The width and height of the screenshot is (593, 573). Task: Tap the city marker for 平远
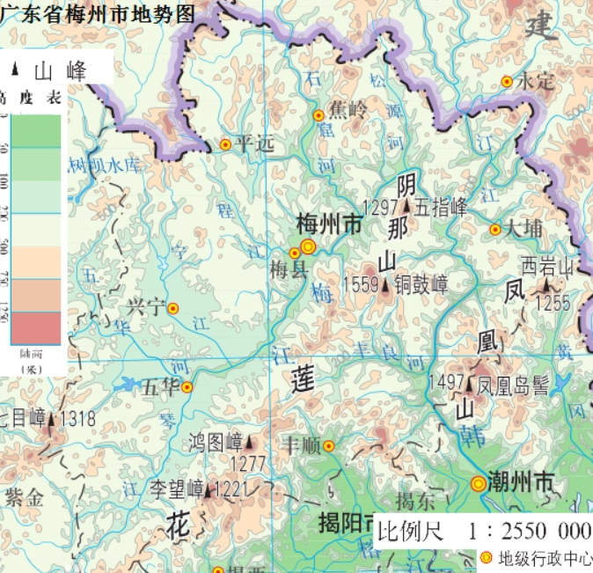(x=225, y=144)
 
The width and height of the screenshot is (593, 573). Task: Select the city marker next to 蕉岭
(x=318, y=115)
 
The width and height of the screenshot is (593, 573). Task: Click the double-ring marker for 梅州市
(x=308, y=246)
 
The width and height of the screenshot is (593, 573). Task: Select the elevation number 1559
(x=360, y=284)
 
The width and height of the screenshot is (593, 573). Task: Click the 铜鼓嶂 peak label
(x=421, y=284)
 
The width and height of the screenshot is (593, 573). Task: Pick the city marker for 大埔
(x=495, y=229)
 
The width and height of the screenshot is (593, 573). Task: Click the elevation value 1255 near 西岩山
(x=553, y=304)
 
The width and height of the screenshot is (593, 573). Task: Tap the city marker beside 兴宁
(x=173, y=309)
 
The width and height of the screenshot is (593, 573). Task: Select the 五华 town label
(x=160, y=386)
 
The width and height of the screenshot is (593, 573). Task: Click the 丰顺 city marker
(x=328, y=445)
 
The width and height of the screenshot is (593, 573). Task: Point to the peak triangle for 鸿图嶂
(x=250, y=442)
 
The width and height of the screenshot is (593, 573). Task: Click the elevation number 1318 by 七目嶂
(x=78, y=419)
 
